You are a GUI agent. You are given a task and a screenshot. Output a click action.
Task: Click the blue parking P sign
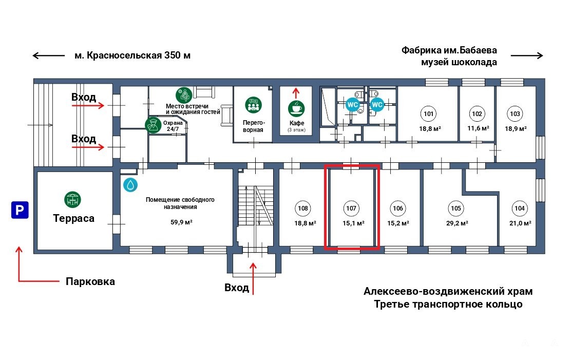click(20, 211)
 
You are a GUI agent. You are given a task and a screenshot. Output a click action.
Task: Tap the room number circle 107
click(351, 209)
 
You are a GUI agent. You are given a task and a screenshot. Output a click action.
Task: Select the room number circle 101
click(428, 113)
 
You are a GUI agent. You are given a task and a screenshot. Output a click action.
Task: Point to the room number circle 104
click(519, 209)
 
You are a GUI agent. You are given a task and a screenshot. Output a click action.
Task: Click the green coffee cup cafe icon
click(296, 108)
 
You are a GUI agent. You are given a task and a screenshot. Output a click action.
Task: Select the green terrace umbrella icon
click(73, 200)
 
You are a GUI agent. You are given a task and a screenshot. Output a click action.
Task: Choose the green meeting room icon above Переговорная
click(253, 105)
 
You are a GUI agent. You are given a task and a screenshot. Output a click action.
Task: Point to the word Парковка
click(90, 281)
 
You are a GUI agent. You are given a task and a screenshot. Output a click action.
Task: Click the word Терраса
click(74, 218)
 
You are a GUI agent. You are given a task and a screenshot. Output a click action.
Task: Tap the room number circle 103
click(515, 113)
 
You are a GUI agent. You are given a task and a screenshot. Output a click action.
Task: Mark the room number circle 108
click(303, 209)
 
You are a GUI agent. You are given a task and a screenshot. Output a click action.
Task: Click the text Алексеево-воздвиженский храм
click(448, 292)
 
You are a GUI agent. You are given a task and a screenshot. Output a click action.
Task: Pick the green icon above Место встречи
click(184, 95)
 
